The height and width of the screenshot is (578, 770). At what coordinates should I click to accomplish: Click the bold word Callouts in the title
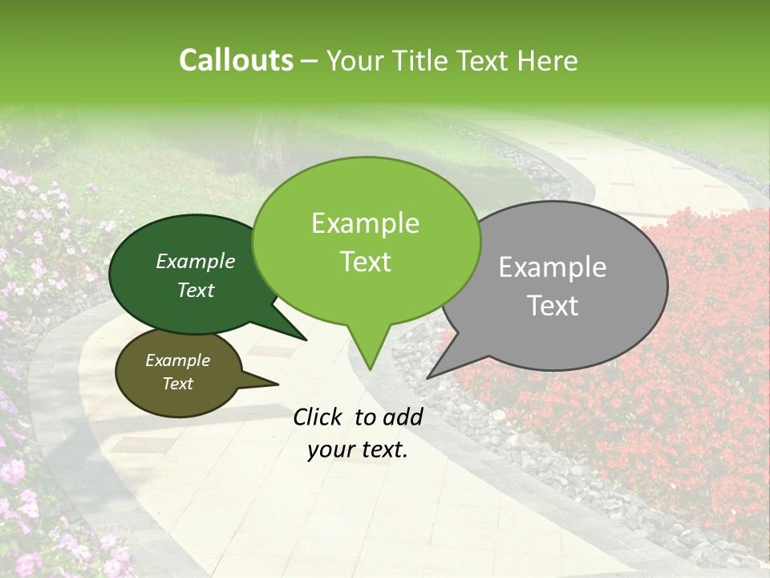click(236, 60)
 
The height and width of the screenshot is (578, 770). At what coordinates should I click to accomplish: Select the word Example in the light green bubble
click(365, 223)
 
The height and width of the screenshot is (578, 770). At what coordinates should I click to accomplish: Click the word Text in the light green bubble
click(365, 261)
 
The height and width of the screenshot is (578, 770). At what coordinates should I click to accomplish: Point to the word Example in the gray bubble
click(553, 267)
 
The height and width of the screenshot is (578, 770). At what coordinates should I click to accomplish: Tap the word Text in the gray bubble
click(553, 305)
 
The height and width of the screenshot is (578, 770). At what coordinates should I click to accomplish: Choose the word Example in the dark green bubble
click(195, 261)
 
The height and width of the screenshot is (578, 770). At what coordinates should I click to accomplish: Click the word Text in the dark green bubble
click(195, 290)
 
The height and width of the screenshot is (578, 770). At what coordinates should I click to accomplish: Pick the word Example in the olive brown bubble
click(177, 360)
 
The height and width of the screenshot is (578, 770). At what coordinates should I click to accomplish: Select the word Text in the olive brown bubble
click(177, 384)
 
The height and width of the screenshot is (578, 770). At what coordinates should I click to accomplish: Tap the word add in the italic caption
click(403, 417)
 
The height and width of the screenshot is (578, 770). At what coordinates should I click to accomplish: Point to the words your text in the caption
click(357, 450)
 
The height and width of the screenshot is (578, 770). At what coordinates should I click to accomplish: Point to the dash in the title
click(310, 61)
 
